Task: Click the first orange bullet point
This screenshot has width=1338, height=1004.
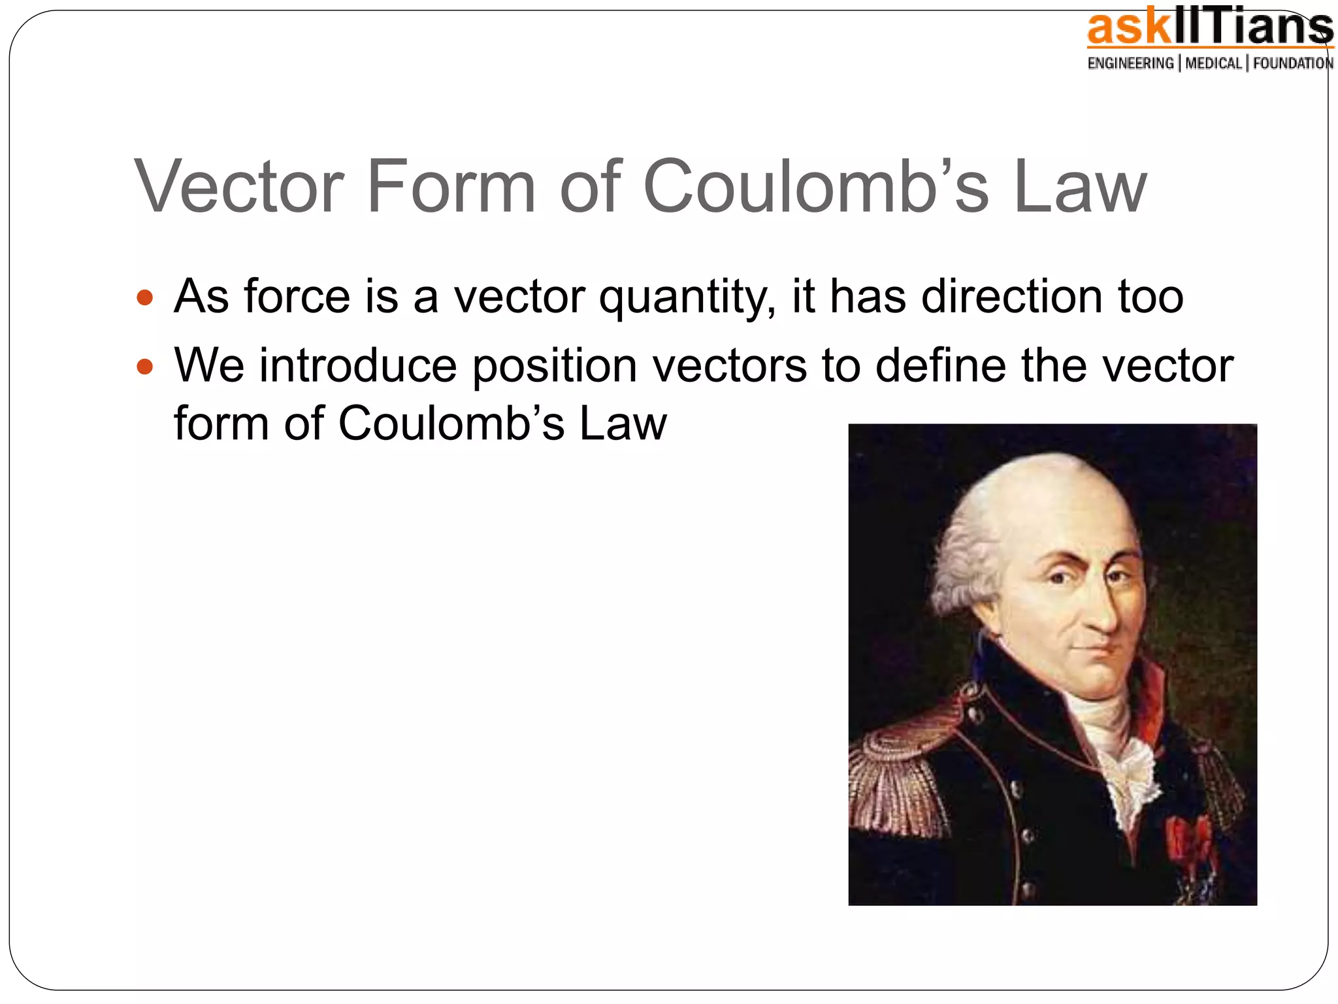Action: pos(144,299)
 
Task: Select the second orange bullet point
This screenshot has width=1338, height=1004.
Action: pos(144,367)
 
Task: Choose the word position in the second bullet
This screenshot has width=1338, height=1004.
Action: pos(555,367)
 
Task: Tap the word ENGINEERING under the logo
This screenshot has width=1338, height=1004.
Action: pos(1130,63)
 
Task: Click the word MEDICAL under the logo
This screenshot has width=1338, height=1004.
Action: pos(1213,63)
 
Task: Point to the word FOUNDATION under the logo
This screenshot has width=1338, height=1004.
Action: pos(1293,63)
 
